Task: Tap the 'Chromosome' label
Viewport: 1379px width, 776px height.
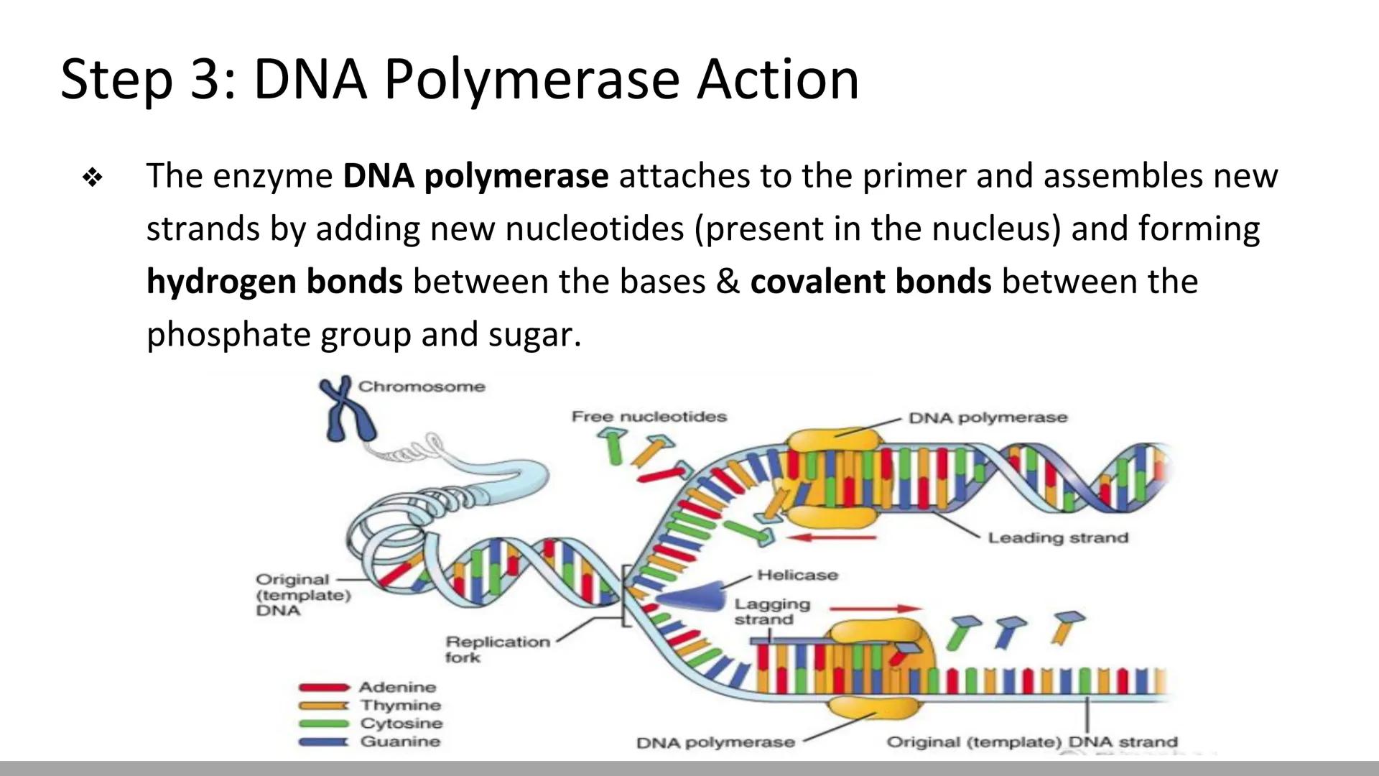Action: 422,387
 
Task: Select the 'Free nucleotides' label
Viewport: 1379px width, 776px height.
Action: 649,417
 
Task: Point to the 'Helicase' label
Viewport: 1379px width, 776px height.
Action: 797,575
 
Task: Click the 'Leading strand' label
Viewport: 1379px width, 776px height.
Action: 1057,537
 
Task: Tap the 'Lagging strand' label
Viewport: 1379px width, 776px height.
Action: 771,611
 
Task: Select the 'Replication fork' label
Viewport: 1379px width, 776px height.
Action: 497,649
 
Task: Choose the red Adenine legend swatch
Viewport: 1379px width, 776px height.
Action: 323,688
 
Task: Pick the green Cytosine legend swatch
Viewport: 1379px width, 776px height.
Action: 323,724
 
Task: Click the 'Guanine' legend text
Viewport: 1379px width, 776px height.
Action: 400,742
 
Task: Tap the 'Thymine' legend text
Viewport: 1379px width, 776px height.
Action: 400,706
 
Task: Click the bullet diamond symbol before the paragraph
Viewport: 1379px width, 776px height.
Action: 93,177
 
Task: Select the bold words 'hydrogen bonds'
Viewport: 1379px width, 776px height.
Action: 274,281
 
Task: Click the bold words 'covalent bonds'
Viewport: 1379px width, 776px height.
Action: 870,281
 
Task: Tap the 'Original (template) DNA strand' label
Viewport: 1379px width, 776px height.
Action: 1032,742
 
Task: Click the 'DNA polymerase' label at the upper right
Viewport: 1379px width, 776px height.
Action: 988,417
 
